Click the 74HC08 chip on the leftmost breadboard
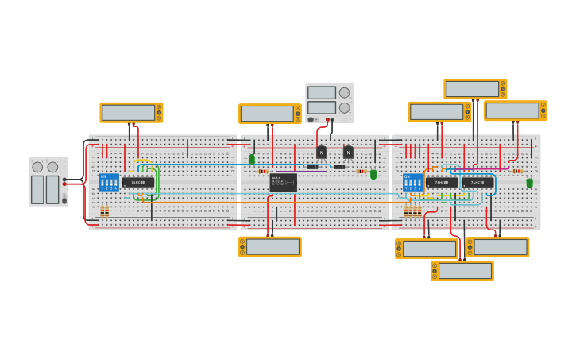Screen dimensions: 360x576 (x=138, y=182)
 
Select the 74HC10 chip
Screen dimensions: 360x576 (x=477, y=182)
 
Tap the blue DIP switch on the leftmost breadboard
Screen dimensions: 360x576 (x=109, y=182)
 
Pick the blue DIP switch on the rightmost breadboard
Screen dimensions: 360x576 (x=412, y=182)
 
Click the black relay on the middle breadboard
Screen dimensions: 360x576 (x=283, y=182)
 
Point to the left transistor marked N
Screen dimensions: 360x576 (x=321, y=153)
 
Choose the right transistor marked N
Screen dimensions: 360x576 (x=348, y=153)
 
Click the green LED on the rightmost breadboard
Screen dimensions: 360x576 (x=529, y=183)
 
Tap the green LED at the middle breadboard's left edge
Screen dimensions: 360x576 (x=252, y=159)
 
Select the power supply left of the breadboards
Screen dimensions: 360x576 (x=48, y=181)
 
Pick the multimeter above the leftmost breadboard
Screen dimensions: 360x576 (x=131, y=112)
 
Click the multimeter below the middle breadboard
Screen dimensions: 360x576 (x=270, y=246)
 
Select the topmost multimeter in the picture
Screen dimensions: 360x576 (x=475, y=89)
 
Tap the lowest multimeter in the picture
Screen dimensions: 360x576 (x=462, y=271)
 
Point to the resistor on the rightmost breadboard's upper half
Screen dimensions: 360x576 (x=517, y=171)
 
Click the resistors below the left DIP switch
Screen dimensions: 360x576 (x=105, y=211)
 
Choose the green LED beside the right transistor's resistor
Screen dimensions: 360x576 (x=373, y=173)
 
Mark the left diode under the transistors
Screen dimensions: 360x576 (x=312, y=167)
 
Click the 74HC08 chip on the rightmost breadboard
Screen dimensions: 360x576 (x=442, y=182)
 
